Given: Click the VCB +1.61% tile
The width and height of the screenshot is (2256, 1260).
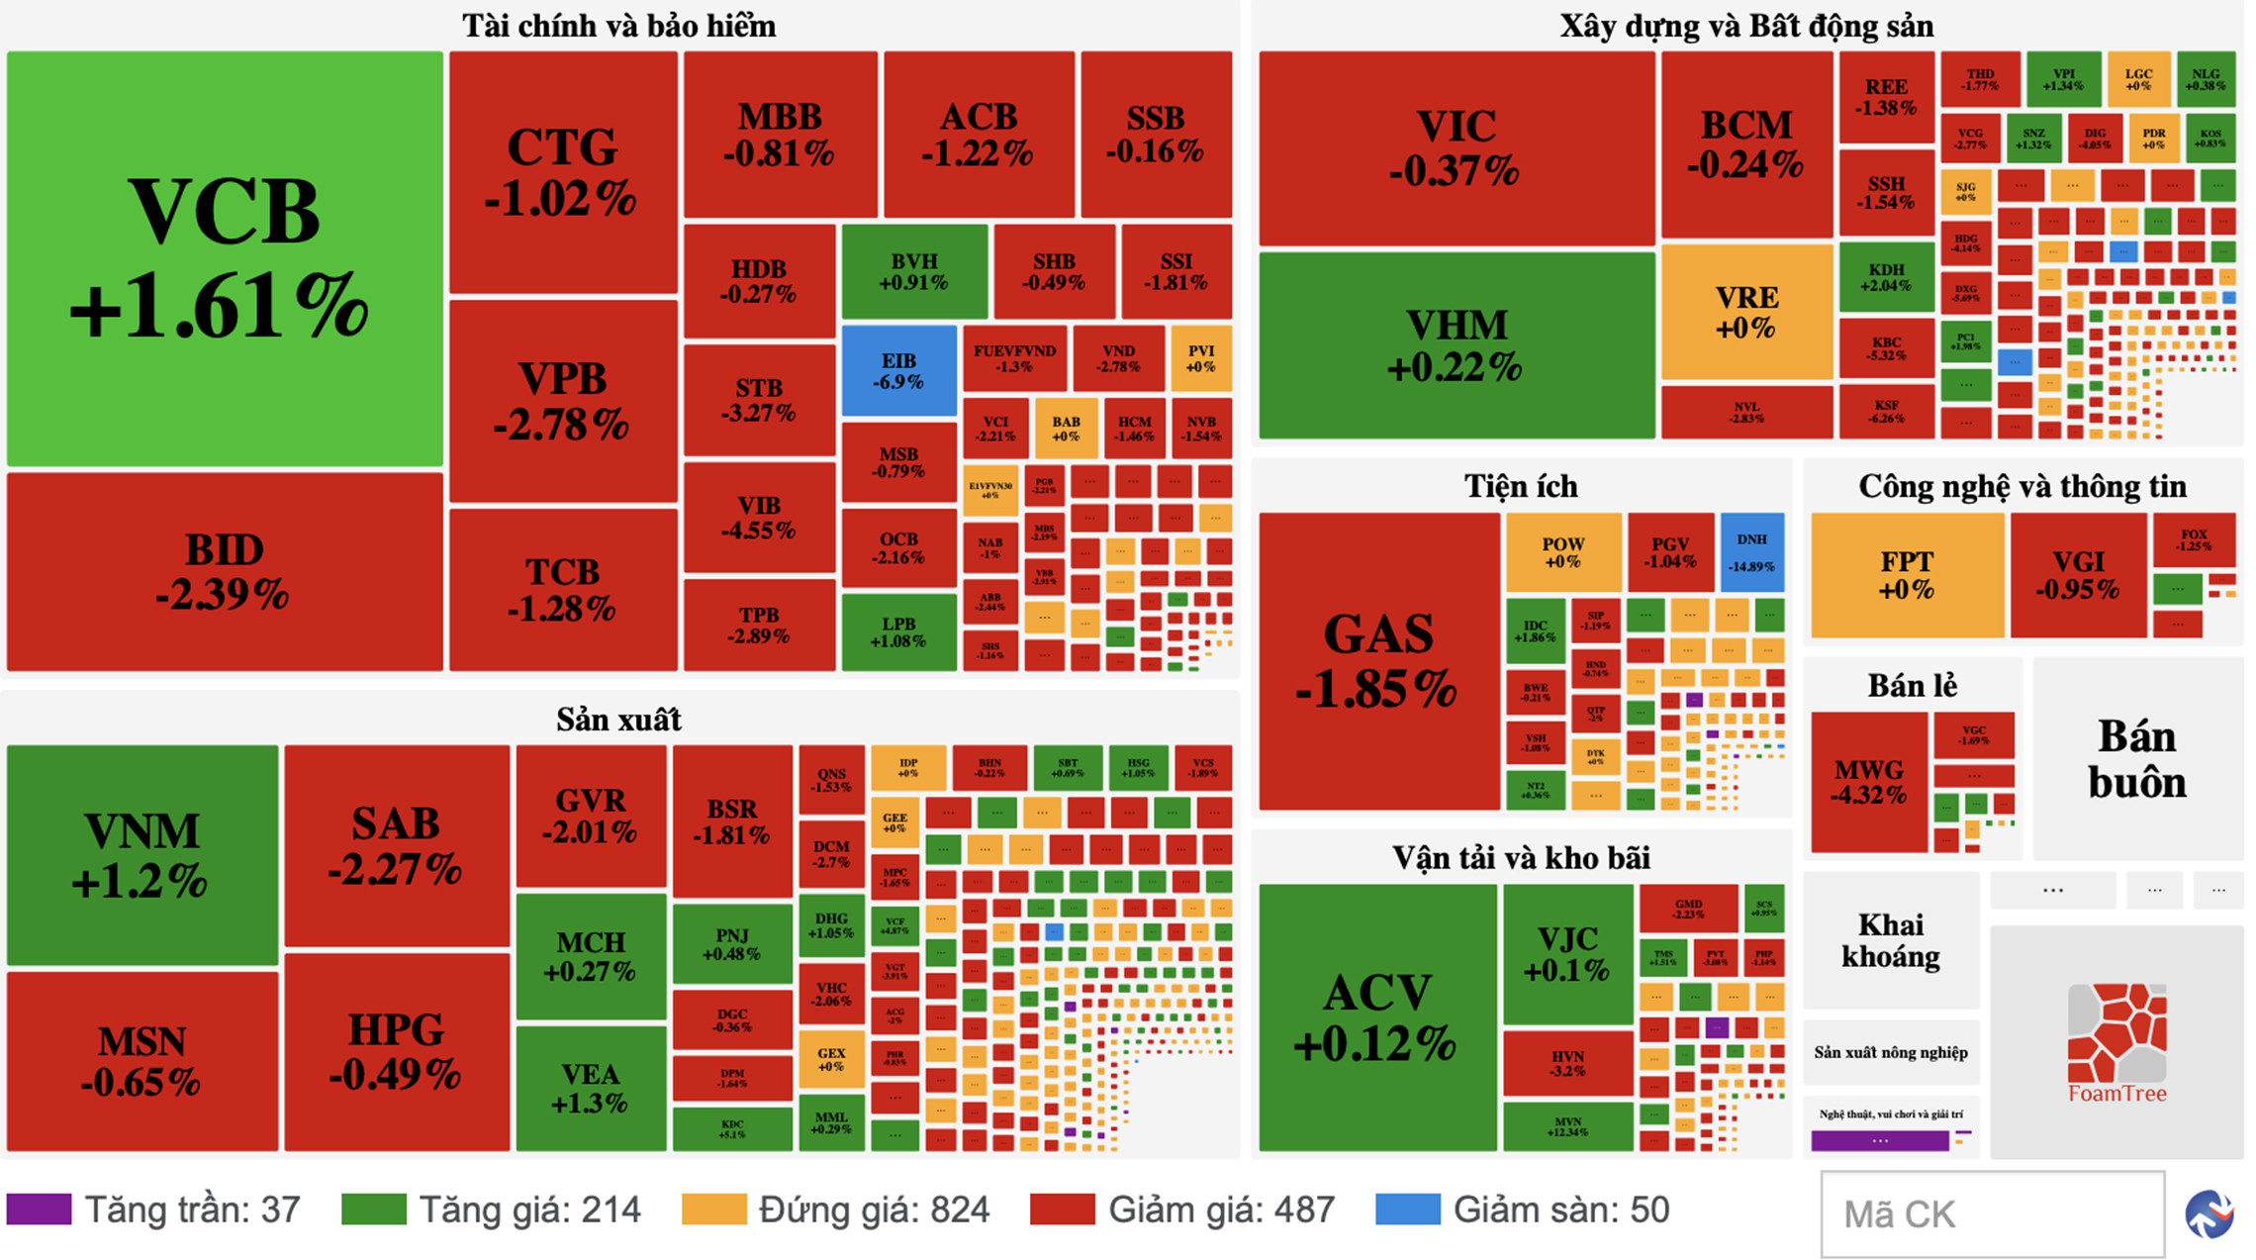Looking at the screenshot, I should coord(225,257).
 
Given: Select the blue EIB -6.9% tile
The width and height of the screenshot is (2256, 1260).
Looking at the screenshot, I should coord(898,371).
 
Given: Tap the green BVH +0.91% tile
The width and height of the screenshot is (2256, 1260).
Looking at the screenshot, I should coord(913,271).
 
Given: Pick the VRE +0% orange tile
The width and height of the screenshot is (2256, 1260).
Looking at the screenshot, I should coord(1746,312).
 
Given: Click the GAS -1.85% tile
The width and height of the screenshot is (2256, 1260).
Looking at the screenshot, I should coord(1378,660).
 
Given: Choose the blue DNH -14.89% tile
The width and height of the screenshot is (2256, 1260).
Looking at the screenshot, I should coord(1751,551).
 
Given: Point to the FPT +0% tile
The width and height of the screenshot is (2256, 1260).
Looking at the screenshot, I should coord(1907,575).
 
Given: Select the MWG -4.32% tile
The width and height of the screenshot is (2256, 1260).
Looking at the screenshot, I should coord(1868,782).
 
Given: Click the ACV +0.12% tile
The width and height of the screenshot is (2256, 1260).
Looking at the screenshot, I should coord(1376,1017).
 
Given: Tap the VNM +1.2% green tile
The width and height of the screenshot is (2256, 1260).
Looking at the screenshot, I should coord(141,854).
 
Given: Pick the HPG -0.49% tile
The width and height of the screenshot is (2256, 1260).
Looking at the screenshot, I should coord(396,1051).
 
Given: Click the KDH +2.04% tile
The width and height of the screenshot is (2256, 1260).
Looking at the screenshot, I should coord(1886,277).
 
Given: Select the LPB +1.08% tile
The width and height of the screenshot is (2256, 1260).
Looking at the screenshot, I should coord(898,631).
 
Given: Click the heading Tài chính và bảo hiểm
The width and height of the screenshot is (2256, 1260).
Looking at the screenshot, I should coord(618,26).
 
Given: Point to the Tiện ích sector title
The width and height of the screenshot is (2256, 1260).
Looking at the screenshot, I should coord(1521,486).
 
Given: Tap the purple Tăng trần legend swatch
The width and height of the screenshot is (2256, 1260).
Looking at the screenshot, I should coord(39,1210).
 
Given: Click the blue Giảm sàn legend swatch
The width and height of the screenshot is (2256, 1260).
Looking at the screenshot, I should coord(1407,1210).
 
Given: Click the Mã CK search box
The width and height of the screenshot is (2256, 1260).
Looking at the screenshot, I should coord(1992,1214).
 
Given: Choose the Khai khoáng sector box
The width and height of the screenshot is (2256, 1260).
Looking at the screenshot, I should coord(1890,939).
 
